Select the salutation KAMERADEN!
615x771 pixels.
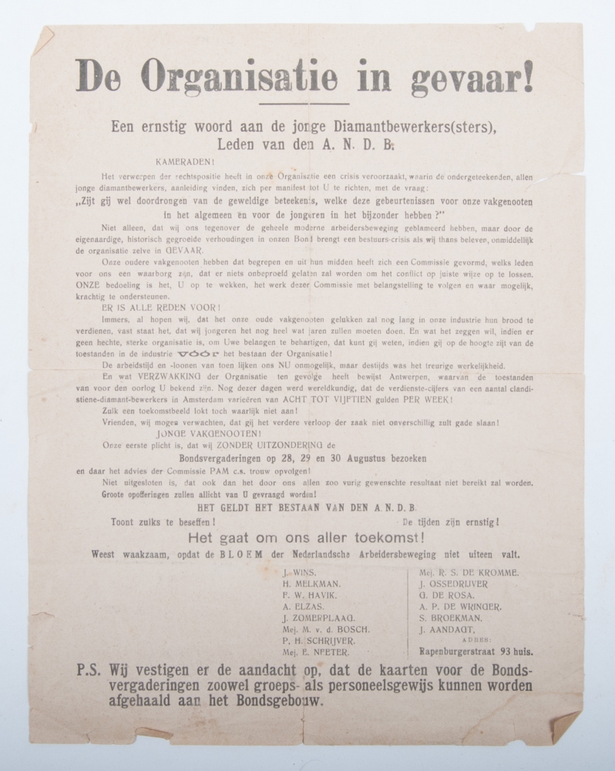click(x=186, y=161)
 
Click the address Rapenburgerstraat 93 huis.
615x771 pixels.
click(x=473, y=651)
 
